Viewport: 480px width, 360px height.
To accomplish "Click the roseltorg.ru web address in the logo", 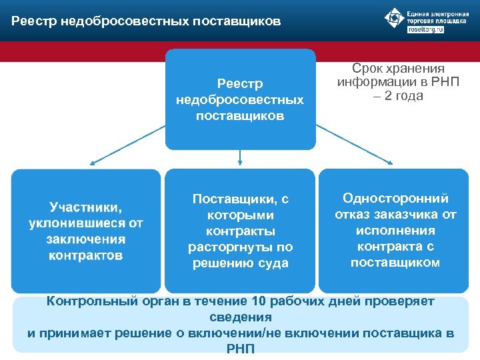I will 425,30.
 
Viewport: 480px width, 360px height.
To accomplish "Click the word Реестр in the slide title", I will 33,21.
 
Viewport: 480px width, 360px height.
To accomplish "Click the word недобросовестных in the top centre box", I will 239,99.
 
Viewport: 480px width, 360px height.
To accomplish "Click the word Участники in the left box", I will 85,207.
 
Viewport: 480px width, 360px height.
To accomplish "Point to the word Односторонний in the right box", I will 395,198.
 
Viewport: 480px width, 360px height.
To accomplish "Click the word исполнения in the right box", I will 395,230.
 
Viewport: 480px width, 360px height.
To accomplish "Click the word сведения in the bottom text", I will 240,317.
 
